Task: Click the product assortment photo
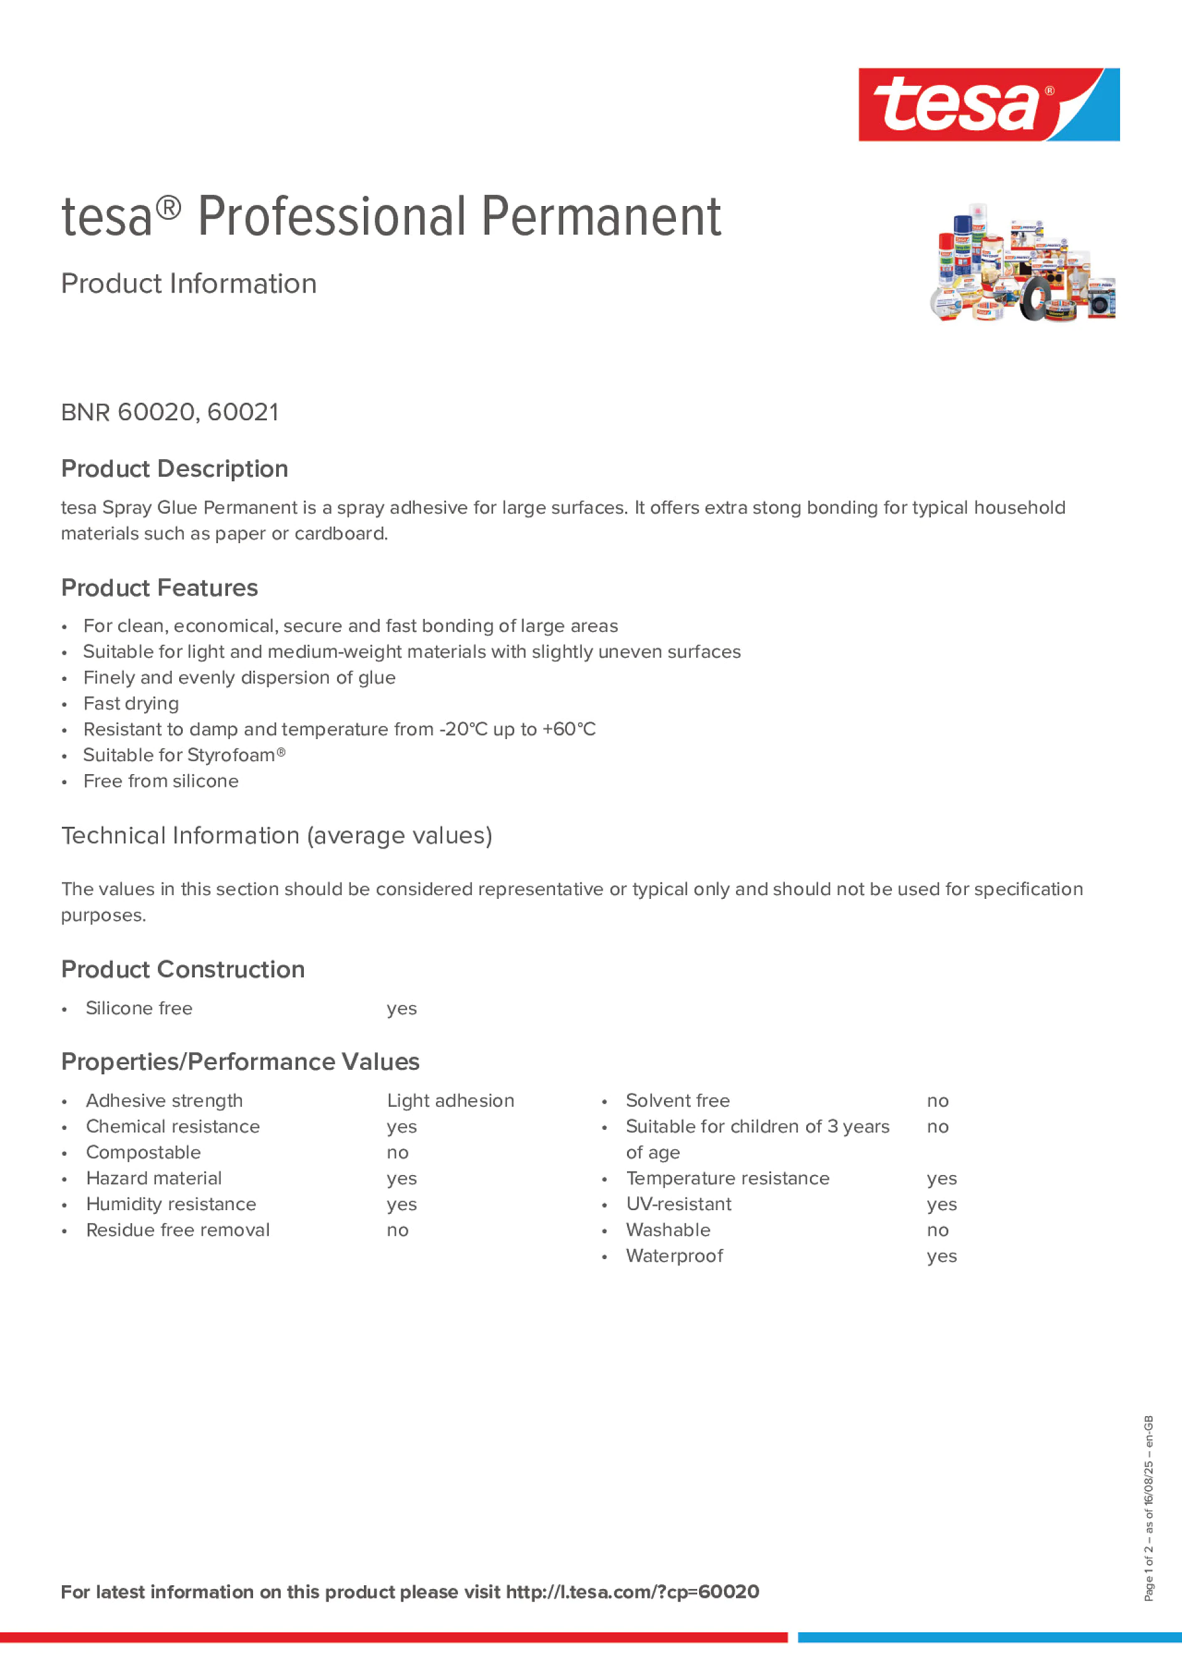click(1022, 262)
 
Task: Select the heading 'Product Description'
click(174, 469)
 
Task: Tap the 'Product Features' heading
click(159, 588)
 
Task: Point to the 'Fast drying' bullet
click(131, 703)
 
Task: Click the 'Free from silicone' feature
click(161, 781)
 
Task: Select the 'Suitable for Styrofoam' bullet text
click(184, 755)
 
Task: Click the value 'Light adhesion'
click(450, 1101)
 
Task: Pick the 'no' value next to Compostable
click(397, 1152)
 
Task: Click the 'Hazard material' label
click(153, 1178)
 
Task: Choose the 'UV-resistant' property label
click(678, 1204)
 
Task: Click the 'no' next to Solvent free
click(937, 1101)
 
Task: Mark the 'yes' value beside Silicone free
click(402, 1008)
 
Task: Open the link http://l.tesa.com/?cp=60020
click(632, 1592)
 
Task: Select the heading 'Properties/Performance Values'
click(240, 1062)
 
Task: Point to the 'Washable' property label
click(668, 1230)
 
